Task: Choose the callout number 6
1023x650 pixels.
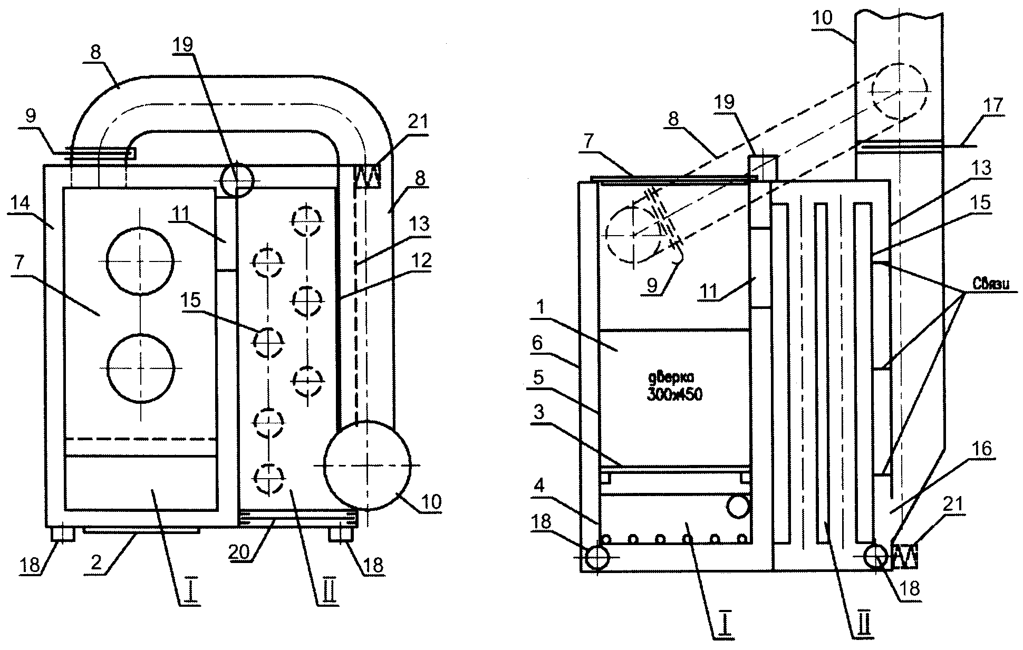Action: tap(537, 343)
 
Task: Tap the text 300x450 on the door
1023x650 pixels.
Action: tap(674, 394)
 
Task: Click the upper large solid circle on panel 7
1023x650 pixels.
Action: tap(140, 261)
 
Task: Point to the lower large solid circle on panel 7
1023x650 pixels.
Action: tap(140, 368)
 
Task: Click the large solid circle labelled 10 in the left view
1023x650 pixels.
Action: tap(368, 465)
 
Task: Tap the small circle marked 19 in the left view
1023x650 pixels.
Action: tap(237, 180)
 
